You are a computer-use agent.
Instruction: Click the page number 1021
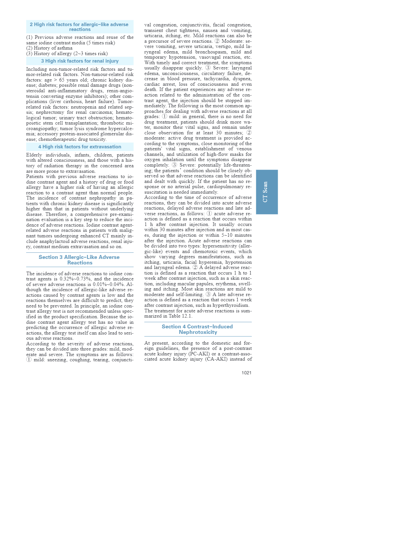(x=246, y=373)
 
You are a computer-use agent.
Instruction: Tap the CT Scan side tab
(x=267, y=192)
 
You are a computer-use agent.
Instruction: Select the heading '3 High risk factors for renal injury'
(x=80, y=61)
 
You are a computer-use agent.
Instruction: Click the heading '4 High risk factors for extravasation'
(x=80, y=147)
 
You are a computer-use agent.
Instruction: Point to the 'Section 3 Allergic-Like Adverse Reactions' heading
(x=79, y=260)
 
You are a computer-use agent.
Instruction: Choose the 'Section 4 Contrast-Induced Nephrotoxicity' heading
(x=198, y=329)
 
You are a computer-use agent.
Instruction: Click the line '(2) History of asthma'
(x=49, y=48)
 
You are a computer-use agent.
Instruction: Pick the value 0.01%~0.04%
(x=109, y=284)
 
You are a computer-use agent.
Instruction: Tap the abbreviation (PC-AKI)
(x=199, y=354)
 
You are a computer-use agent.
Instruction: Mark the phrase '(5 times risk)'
(x=100, y=43)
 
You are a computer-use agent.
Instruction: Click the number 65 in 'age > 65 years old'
(x=62, y=80)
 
